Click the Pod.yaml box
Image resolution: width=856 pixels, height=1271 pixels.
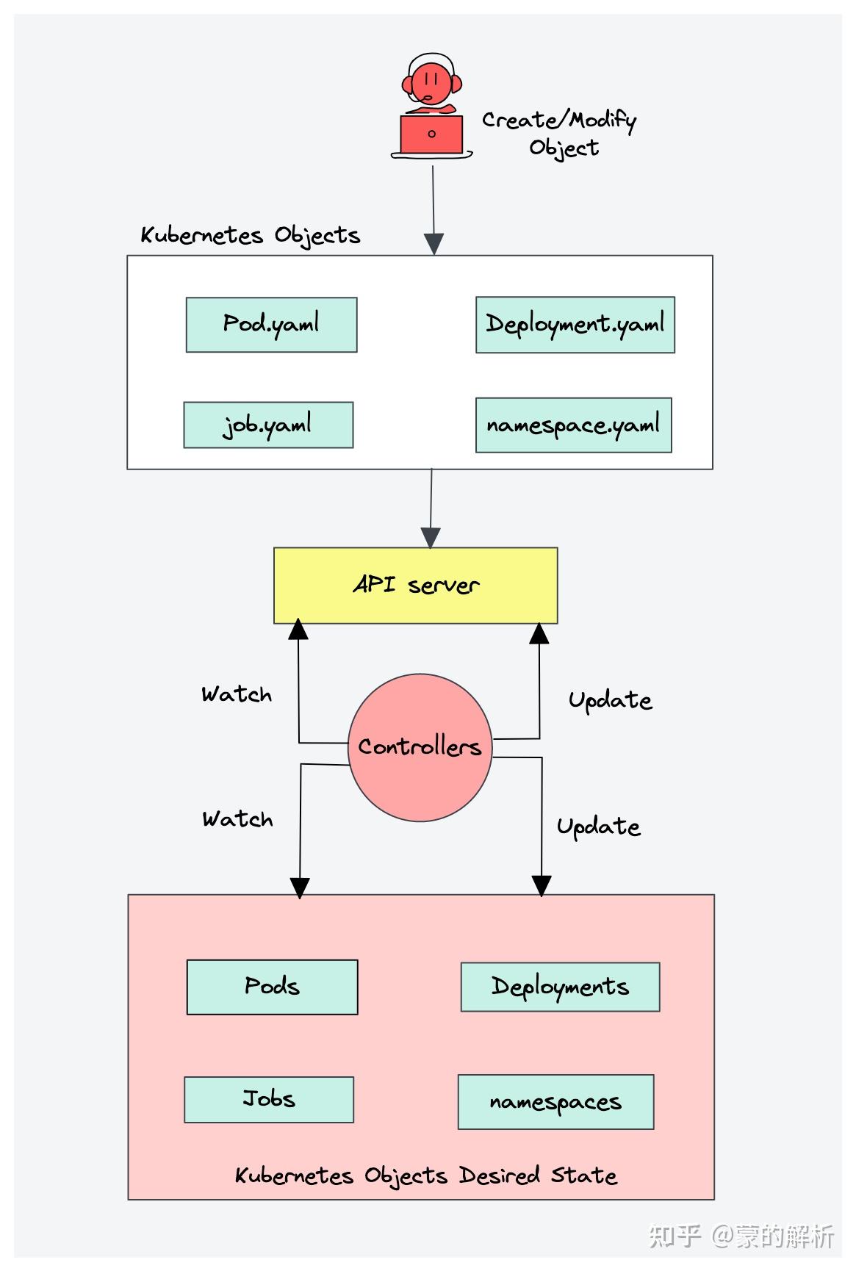[271, 325]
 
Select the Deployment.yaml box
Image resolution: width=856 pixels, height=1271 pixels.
[575, 325]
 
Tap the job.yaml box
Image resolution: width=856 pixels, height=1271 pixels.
[268, 425]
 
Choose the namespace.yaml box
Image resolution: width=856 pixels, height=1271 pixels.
[573, 425]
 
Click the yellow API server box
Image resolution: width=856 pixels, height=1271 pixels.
[415, 586]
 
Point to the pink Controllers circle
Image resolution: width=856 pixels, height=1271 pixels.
[420, 747]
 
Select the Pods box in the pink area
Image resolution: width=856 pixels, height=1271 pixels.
[272, 987]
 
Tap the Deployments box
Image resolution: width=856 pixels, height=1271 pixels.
[560, 987]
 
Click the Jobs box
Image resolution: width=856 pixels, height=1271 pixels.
[269, 1099]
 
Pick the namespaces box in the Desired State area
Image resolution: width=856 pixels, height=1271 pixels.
[555, 1102]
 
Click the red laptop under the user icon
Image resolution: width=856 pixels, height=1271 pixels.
[431, 134]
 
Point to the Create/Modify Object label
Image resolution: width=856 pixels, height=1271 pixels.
[560, 133]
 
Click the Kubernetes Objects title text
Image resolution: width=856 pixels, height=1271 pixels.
[250, 236]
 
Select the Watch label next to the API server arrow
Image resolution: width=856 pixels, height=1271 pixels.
[237, 695]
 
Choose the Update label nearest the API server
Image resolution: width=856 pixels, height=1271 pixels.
[610, 701]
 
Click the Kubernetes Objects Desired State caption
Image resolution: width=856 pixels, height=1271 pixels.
[425, 1175]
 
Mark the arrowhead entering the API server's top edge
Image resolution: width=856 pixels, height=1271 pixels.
[431, 538]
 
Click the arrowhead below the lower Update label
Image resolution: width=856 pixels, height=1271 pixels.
[542, 885]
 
